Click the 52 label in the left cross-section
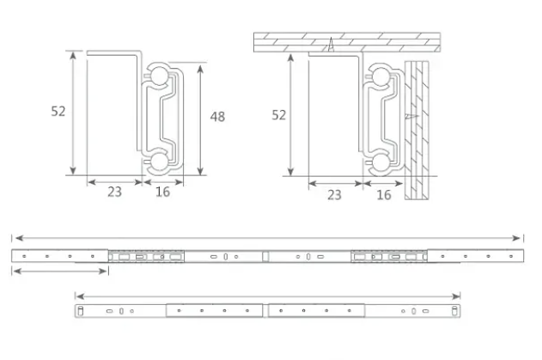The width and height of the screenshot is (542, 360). click(x=58, y=111)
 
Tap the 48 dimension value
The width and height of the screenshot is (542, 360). click(x=217, y=116)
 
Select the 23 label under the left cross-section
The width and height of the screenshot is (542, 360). click(x=114, y=192)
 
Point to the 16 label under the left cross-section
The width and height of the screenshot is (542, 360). click(x=162, y=192)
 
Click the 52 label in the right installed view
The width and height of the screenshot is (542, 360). click(x=279, y=114)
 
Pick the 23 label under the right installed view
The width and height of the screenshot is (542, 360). click(x=334, y=195)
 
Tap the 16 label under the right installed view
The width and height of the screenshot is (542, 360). click(x=384, y=195)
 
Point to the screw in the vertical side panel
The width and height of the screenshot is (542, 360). click(x=415, y=113)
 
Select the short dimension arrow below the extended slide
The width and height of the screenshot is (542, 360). click(x=60, y=271)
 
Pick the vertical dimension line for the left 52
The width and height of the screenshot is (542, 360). click(x=75, y=112)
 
